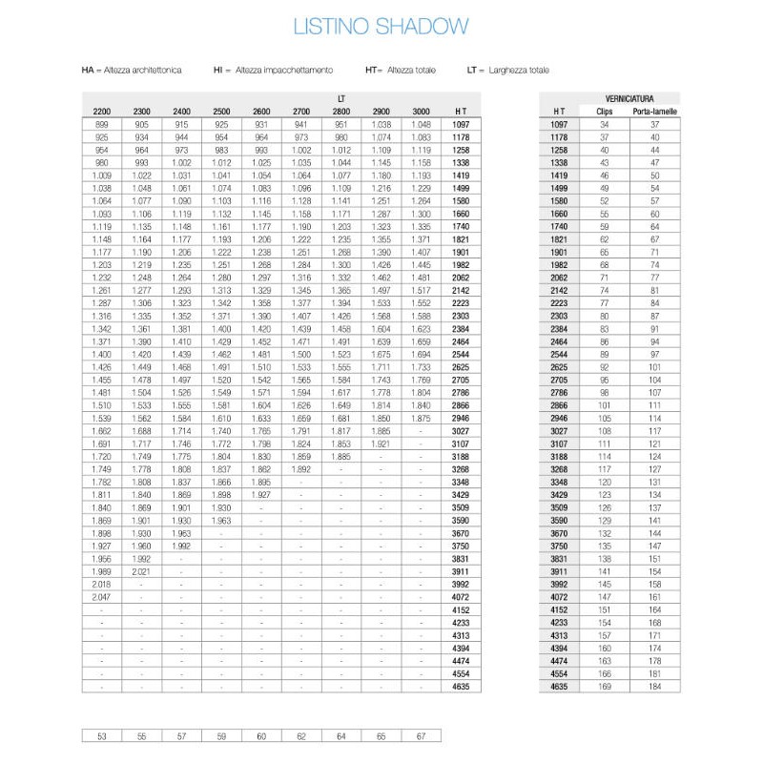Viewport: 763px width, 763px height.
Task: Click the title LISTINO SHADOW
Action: point(381,26)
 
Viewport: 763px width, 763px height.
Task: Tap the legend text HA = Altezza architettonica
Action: point(132,71)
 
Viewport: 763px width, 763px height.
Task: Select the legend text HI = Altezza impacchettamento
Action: point(273,71)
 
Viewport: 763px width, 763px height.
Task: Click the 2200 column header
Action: point(102,112)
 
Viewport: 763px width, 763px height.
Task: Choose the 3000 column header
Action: point(421,112)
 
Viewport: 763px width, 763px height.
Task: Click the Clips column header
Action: point(604,112)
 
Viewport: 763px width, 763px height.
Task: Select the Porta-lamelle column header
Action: point(654,112)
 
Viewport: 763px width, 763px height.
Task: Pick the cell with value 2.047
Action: point(102,597)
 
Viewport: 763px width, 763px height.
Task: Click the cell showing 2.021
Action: point(142,571)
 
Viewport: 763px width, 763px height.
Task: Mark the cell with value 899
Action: point(102,124)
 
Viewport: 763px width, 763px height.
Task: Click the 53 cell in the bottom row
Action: point(102,735)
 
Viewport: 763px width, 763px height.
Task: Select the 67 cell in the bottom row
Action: point(421,735)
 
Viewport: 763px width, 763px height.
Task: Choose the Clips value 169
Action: point(604,686)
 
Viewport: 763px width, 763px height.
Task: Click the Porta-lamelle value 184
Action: point(654,686)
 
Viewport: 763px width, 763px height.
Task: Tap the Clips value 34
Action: point(604,124)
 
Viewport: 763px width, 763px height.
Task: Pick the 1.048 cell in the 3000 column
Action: point(421,124)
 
